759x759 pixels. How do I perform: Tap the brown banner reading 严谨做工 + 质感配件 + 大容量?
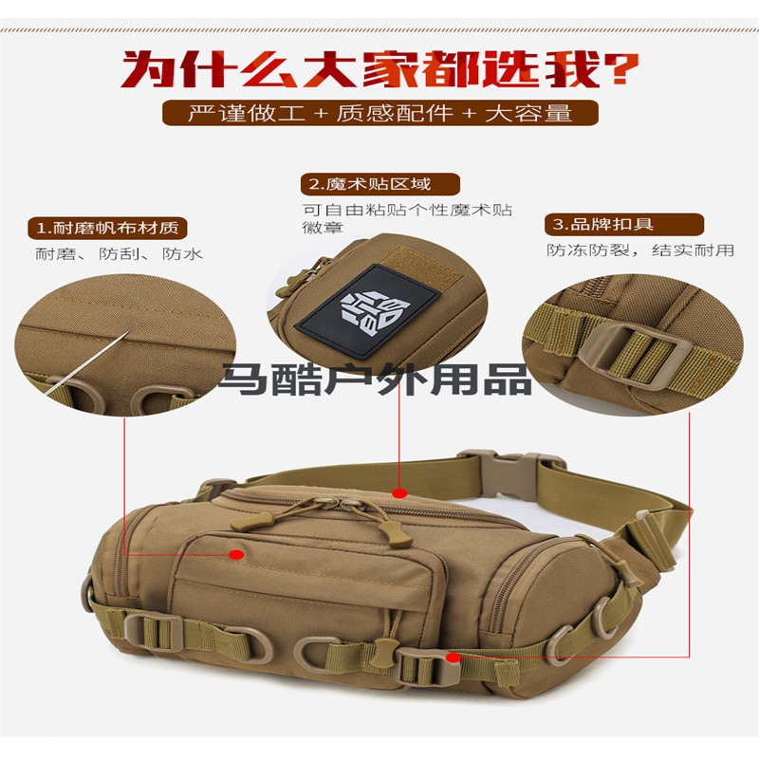pyautogui.click(x=380, y=113)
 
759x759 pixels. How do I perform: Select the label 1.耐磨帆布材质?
pyautogui.click(x=107, y=228)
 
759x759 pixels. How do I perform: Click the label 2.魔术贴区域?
pyautogui.click(x=380, y=184)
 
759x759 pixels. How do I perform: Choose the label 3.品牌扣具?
pyautogui.click(x=624, y=225)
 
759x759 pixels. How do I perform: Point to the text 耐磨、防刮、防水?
pyautogui.click(x=119, y=253)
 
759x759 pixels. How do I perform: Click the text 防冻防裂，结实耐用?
pyautogui.click(x=640, y=250)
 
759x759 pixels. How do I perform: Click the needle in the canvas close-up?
pyautogui.click(x=87, y=362)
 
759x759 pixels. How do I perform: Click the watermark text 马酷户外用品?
pyautogui.click(x=376, y=379)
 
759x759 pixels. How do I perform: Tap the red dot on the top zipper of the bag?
pyautogui.click(x=399, y=493)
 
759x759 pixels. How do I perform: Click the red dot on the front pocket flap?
pyautogui.click(x=236, y=554)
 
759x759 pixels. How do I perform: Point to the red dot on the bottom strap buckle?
pyautogui.click(x=454, y=657)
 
